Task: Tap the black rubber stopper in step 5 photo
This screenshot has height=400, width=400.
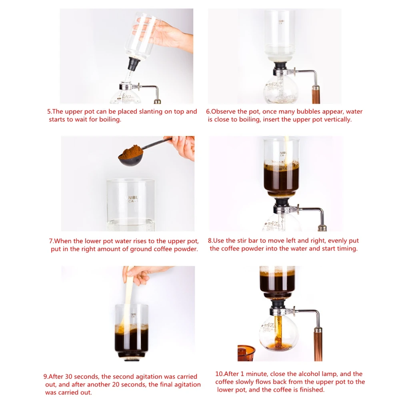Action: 134,64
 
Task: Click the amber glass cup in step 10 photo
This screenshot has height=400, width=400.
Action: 246,353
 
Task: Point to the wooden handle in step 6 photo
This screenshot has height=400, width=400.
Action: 316,95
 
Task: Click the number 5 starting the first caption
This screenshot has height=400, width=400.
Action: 49,112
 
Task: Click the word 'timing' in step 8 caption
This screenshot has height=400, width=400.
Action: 347,248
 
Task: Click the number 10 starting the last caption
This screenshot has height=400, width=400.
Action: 219,374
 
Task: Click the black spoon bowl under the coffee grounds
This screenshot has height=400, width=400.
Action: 130,161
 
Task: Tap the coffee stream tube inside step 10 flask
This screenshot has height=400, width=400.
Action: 277,331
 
